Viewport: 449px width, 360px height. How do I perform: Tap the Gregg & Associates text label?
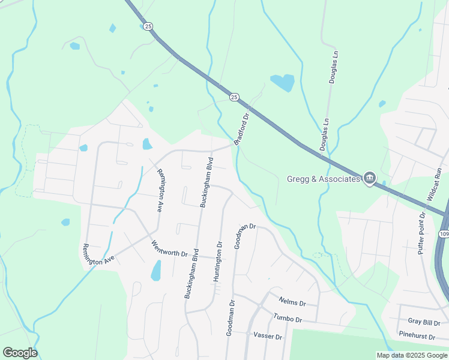pos(324,178)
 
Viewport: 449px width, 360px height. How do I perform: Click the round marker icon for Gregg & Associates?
pos(370,178)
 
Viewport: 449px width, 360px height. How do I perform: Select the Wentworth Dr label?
pos(174,248)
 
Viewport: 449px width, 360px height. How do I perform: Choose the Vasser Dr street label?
pos(268,336)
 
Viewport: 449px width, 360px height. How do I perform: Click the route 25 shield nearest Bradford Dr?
pos(234,97)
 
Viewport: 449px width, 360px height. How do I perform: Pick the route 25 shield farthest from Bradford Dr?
pos(148,26)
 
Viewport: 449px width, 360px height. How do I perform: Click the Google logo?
pos(20,353)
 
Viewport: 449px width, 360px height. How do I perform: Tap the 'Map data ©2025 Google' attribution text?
pos(412,355)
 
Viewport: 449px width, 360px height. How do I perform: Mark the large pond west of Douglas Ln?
pos(282,82)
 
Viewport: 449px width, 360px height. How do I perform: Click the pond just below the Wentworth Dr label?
pos(156,271)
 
